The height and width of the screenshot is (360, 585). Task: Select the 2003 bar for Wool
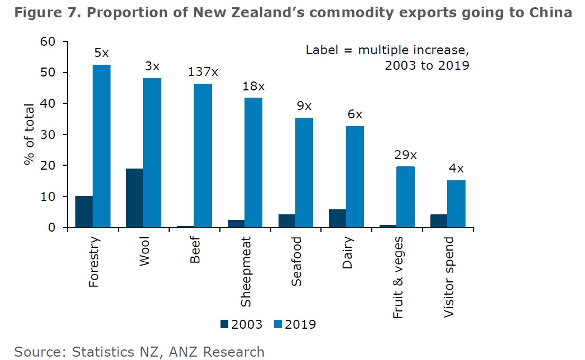(135, 198)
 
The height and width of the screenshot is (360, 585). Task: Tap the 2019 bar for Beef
(203, 156)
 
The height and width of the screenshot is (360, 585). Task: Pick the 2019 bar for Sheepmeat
(253, 162)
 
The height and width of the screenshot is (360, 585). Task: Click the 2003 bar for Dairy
(337, 218)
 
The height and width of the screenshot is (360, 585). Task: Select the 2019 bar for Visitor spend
(456, 204)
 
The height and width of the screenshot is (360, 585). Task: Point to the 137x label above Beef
(203, 72)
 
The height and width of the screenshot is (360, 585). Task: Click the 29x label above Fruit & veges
(406, 155)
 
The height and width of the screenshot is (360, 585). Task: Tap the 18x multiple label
(254, 87)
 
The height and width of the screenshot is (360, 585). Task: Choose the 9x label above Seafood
(304, 106)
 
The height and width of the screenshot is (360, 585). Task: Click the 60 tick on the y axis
(49, 42)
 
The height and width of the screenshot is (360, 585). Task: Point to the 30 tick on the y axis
(49, 135)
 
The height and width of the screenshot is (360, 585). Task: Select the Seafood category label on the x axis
(296, 262)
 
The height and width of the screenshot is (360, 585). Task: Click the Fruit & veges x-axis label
(398, 277)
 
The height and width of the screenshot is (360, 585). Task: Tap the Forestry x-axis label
(94, 262)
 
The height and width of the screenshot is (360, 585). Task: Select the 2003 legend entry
(241, 324)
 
